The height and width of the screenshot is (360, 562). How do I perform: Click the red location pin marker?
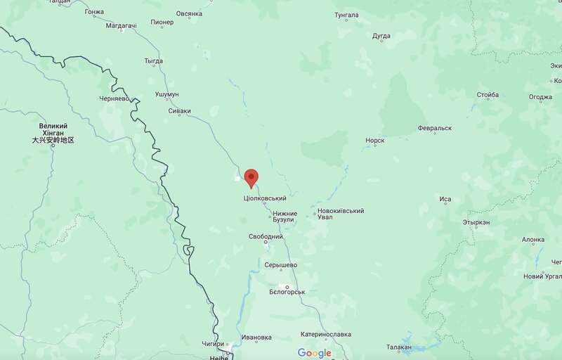point(251,177)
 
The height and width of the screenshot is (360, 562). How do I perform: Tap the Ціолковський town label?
point(265,199)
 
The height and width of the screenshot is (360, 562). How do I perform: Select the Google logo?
point(314,353)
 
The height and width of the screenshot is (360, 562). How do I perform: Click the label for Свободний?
point(265,237)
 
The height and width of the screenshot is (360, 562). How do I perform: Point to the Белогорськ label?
point(287,292)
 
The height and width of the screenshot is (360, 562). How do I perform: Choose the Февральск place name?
point(434,128)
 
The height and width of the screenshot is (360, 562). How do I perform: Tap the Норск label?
point(374,141)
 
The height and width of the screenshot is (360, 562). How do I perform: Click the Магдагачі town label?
point(121,26)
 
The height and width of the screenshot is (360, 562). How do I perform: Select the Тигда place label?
point(153,62)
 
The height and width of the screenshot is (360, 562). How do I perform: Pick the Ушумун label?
point(167,94)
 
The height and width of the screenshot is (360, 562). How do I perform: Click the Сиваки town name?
point(179,111)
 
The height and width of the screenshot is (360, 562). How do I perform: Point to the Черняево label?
point(115,99)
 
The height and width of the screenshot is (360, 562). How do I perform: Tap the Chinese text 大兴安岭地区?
point(53,141)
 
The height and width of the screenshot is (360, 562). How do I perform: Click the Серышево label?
point(281,265)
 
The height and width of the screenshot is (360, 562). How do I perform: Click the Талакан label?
point(399,347)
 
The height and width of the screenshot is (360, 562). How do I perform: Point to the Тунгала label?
point(346,15)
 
